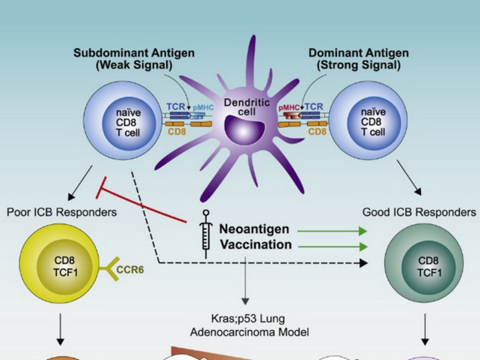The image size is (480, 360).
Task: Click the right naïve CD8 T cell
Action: pyautogui.click(x=367, y=121)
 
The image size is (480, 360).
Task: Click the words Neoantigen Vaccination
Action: pyautogui.click(x=256, y=235)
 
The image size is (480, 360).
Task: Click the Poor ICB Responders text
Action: pyautogui.click(x=61, y=212)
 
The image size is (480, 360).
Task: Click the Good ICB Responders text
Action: pyautogui.click(x=419, y=212)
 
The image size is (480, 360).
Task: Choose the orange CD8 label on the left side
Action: pyautogui.click(x=177, y=132)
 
